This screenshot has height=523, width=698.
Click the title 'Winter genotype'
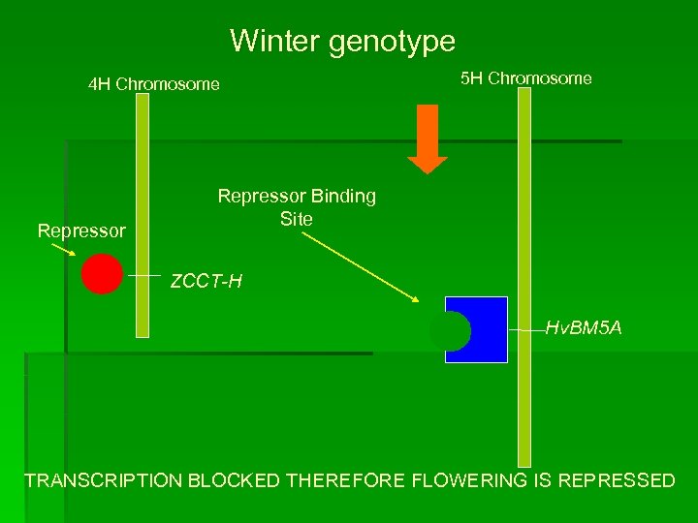pyautogui.click(x=342, y=41)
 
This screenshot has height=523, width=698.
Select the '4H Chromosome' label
pyautogui.click(x=153, y=84)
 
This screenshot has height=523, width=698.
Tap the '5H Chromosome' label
pyautogui.click(x=525, y=78)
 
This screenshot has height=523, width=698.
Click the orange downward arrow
pyautogui.click(x=427, y=137)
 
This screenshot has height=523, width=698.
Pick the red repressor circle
pyautogui.click(x=102, y=273)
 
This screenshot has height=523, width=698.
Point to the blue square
pyautogui.click(x=485, y=329)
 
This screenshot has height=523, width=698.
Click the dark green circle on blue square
pyautogui.click(x=450, y=331)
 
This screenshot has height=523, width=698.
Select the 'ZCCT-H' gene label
pyautogui.click(x=206, y=283)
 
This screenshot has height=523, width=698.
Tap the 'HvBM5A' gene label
pyautogui.click(x=583, y=329)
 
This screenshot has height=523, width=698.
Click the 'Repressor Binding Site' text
pyautogui.click(x=297, y=207)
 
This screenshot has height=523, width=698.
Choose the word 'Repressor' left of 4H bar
pyautogui.click(x=81, y=231)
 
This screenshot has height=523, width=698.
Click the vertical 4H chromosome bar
pyautogui.click(x=143, y=213)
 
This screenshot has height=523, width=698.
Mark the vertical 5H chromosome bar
pyautogui.click(x=524, y=291)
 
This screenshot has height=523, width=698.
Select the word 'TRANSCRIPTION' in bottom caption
pyautogui.click(x=103, y=480)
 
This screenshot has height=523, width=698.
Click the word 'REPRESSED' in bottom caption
pyautogui.click(x=617, y=480)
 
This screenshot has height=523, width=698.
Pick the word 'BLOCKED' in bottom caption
pyautogui.click(x=234, y=480)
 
